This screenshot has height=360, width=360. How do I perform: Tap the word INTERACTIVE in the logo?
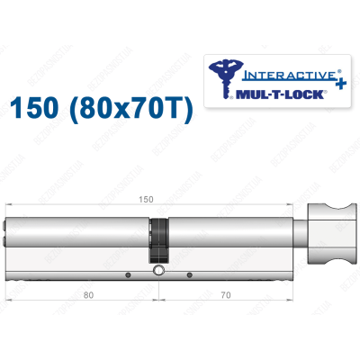tap(270, 66)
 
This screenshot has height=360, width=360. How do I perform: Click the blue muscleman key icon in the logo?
tap(224, 76)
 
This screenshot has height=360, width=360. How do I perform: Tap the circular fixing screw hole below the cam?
tap(159, 271)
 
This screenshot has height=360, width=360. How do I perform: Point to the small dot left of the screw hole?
tap(129, 274)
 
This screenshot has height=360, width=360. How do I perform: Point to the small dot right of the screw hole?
tap(190, 274)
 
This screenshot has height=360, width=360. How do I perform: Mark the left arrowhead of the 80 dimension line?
tap(9, 300)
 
